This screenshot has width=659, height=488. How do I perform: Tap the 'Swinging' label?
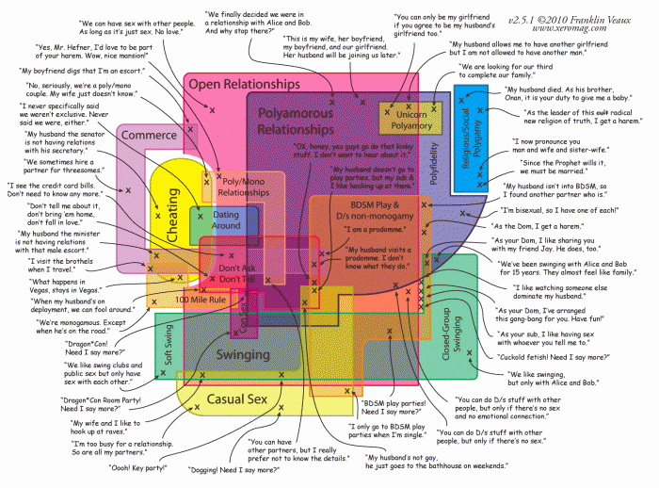[x=243, y=355]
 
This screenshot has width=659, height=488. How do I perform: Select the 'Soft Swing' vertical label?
[x=169, y=348]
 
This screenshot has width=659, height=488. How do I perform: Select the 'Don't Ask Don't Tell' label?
[x=236, y=274]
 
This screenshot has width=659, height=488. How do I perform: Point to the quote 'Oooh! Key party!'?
[x=138, y=468]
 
